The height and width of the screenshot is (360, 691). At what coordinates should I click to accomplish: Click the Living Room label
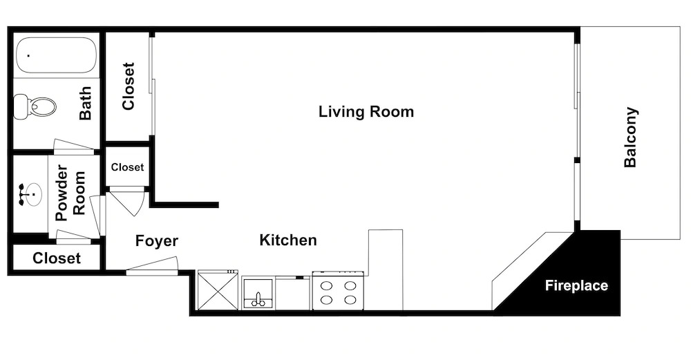tap(366, 111)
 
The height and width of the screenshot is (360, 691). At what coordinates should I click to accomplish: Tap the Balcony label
tap(631, 137)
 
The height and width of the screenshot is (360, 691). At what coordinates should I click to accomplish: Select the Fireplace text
tap(576, 285)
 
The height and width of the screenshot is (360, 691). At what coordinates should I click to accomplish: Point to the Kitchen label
tap(288, 240)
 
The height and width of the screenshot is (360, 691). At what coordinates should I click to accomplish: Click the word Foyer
tap(156, 241)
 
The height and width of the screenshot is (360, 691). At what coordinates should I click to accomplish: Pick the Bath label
tap(86, 103)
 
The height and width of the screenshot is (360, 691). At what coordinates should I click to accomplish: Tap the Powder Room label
tap(70, 193)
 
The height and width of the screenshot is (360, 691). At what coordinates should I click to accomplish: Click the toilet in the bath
tap(35, 106)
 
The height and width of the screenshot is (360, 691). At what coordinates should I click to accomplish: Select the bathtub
tap(56, 55)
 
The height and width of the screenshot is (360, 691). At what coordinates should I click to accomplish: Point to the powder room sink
tap(30, 194)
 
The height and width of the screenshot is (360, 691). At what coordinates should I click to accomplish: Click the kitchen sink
tap(258, 294)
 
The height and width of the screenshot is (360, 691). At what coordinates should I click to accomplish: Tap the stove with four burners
tap(339, 291)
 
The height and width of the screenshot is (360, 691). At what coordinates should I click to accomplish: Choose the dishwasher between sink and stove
tap(293, 293)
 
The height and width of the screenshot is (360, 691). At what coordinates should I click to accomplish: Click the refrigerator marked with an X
tap(218, 290)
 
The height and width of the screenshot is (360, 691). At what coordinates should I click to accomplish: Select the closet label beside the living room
tap(129, 86)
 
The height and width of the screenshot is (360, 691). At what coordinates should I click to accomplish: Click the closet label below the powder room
tap(57, 258)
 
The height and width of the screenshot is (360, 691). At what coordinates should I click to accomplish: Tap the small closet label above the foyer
tap(127, 167)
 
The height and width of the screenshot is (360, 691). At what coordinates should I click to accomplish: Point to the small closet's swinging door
tap(127, 201)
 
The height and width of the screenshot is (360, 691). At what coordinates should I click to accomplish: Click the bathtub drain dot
tap(28, 55)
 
